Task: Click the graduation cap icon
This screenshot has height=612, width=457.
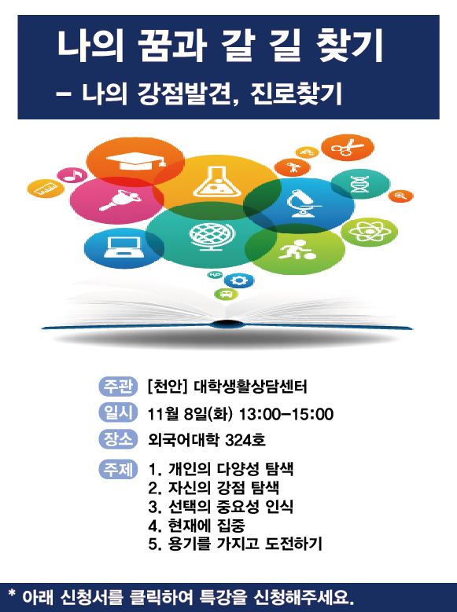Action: (x=135, y=161)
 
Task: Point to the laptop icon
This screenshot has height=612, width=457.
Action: (x=124, y=247)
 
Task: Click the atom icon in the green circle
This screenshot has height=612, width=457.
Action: (x=369, y=232)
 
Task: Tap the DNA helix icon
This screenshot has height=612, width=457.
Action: (x=359, y=184)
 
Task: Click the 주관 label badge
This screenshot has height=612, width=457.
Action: (x=118, y=386)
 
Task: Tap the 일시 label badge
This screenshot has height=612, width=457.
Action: (x=118, y=412)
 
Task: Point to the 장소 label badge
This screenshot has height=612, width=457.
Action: (x=118, y=439)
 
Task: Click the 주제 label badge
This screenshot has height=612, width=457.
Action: (x=118, y=469)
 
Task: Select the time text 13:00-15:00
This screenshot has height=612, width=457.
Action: (x=286, y=414)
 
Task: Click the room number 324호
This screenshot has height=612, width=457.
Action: (x=245, y=440)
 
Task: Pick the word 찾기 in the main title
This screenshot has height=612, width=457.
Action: (x=350, y=47)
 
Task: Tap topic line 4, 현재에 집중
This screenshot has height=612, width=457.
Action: (x=197, y=526)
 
